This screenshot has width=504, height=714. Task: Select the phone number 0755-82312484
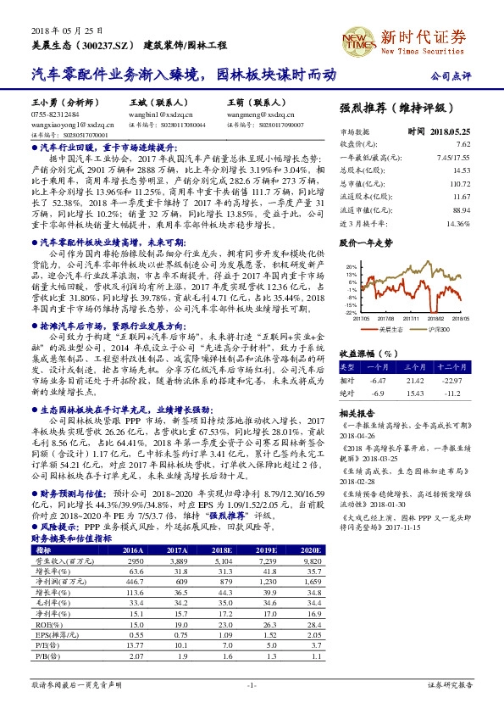click(55, 113)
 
